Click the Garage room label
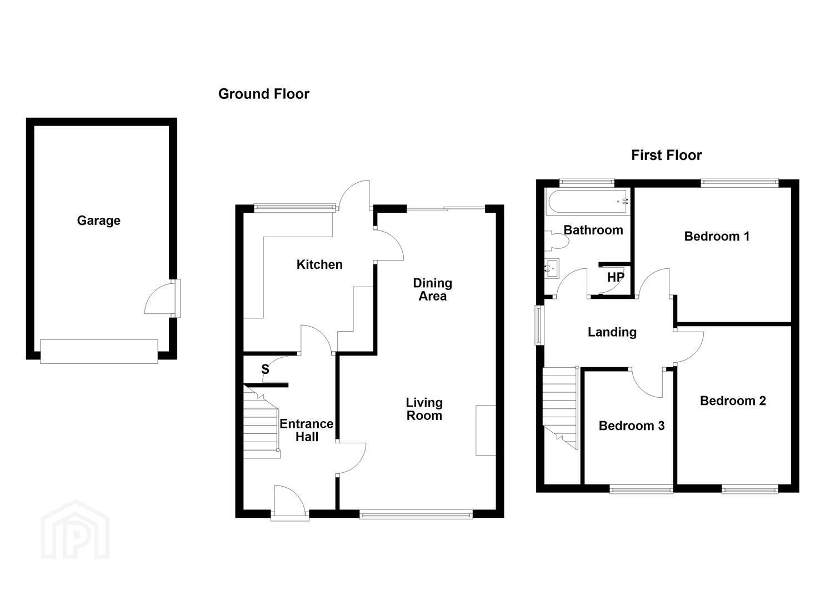click(99, 221)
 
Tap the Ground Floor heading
click(264, 94)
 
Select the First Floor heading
click(666, 155)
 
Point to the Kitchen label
click(319, 264)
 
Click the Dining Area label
click(432, 289)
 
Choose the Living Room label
click(424, 409)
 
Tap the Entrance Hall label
click(307, 430)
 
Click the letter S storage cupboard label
click(265, 369)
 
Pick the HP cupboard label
click(616, 277)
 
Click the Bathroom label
click(593, 230)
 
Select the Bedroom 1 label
click(717, 236)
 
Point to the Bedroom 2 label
click(733, 401)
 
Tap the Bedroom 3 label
click(632, 426)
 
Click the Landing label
click(612, 332)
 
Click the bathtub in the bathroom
click(588, 202)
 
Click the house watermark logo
click(76, 529)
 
